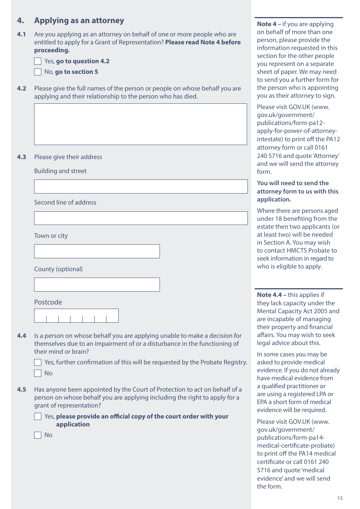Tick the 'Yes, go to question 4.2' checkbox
point(38,61)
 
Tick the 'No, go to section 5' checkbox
point(38,72)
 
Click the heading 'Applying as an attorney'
point(79,20)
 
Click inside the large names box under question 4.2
point(140,124)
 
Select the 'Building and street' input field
point(140,187)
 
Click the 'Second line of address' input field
point(140,218)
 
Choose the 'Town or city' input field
point(97,251)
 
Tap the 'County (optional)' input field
point(97,285)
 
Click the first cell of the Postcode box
point(41,316)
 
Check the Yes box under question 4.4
point(38,362)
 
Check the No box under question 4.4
point(38,373)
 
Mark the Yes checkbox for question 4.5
point(38,417)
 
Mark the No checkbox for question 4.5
point(38,435)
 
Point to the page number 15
point(340,498)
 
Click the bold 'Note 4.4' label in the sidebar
point(269,295)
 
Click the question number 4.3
point(22,157)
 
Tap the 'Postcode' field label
point(48,302)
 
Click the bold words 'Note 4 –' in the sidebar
point(269,24)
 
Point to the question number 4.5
point(22,390)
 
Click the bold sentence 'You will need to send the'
point(293,183)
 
